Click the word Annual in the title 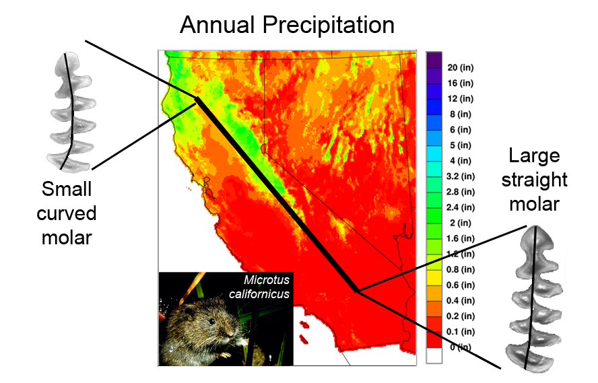(217, 25)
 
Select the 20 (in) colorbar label (461, 68)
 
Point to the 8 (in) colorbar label (461, 114)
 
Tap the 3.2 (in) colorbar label (461, 176)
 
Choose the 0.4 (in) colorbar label (461, 301)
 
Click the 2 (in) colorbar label (461, 223)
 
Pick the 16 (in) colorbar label (461, 83)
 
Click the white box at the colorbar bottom (434, 355)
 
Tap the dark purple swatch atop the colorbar (434, 60)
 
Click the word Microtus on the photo (267, 280)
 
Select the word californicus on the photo (259, 294)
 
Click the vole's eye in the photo (211, 321)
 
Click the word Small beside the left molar (67, 189)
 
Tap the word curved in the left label (67, 213)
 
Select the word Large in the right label (534, 156)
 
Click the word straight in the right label (534, 180)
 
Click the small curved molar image (71, 111)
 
